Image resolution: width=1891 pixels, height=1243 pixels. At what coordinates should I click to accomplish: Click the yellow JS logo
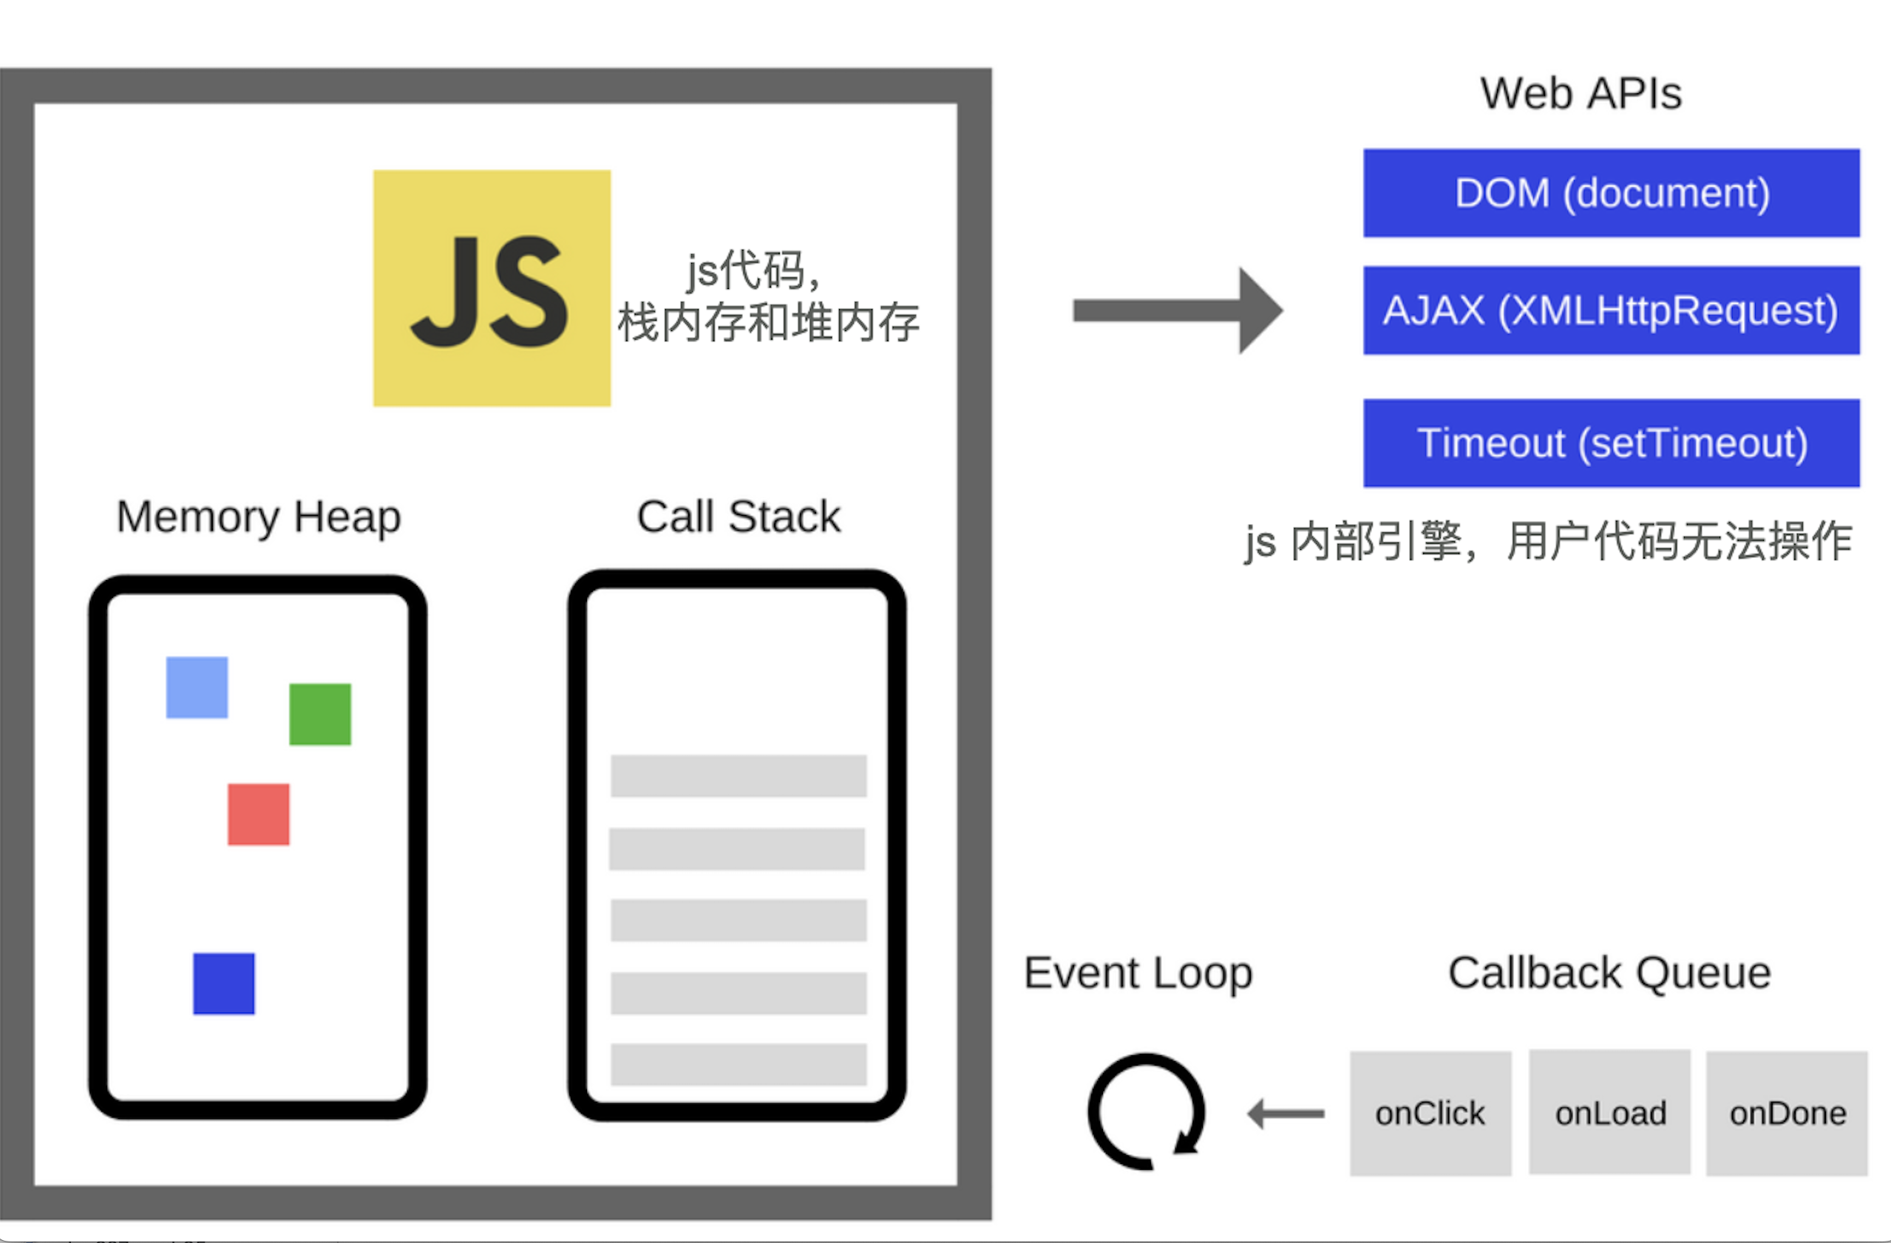[x=492, y=288]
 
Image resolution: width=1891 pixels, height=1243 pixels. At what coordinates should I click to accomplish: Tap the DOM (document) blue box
[x=1612, y=193]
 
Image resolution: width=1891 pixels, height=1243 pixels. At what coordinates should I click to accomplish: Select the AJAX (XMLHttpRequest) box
[x=1612, y=310]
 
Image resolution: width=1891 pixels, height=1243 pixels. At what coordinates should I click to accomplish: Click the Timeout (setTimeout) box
[x=1612, y=443]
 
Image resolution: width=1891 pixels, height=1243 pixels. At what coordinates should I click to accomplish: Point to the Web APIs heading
[x=1581, y=94]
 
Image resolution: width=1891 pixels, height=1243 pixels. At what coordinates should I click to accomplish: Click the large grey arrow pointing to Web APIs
[x=1177, y=310]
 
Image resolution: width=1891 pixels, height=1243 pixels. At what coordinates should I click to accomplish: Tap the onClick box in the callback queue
[x=1430, y=1114]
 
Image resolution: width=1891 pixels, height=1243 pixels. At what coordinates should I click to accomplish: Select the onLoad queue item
[x=1610, y=1113]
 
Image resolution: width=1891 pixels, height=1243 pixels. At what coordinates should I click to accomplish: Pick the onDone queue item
[x=1787, y=1114]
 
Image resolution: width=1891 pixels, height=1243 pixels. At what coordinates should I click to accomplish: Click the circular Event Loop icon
[x=1147, y=1112]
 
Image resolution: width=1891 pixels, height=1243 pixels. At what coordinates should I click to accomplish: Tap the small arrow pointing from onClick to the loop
[x=1286, y=1114]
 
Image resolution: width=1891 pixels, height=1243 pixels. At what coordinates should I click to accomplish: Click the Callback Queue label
[x=1610, y=973]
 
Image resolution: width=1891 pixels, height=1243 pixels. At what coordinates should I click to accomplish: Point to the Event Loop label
[x=1138, y=973]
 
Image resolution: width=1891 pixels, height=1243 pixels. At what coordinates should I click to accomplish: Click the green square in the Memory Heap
[x=320, y=714]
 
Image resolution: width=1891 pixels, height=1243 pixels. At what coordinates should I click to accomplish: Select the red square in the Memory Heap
[x=258, y=814]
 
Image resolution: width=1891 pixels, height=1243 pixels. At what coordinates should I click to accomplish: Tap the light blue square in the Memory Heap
[x=197, y=687]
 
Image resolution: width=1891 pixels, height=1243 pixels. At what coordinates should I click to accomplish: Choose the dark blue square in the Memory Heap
[x=224, y=984]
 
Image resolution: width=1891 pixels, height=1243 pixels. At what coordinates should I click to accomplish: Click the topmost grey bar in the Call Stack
[x=738, y=776]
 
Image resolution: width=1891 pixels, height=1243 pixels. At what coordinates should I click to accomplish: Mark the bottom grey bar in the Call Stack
[x=738, y=1064]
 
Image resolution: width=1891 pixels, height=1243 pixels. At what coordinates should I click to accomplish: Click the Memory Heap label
[x=258, y=517]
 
